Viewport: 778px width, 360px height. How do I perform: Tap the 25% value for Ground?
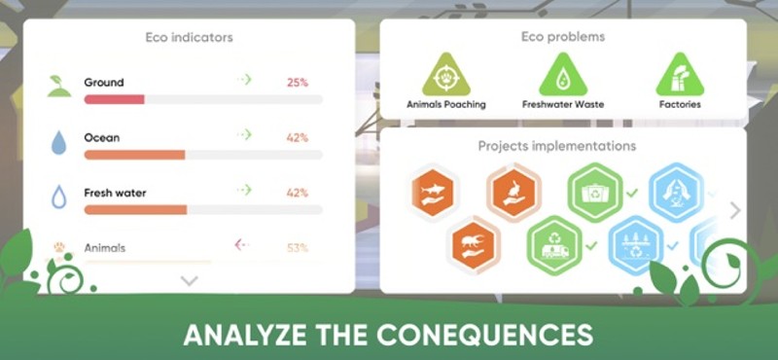click(297, 83)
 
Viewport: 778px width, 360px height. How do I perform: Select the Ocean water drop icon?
click(59, 143)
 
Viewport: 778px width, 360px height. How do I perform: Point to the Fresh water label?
click(115, 193)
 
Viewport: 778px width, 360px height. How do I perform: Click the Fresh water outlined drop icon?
click(59, 197)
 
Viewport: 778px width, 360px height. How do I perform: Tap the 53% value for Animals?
click(297, 248)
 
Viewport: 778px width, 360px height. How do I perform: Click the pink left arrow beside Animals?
click(242, 245)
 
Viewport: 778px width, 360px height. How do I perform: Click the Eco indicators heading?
click(189, 39)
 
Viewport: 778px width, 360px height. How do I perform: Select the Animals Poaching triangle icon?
click(445, 75)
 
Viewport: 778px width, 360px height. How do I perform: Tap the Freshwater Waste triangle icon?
click(563, 75)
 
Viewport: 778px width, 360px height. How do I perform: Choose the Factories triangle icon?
click(680, 75)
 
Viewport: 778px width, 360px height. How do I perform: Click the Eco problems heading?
click(563, 37)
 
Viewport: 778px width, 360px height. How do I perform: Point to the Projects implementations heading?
click(557, 146)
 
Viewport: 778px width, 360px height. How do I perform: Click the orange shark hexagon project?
click(433, 192)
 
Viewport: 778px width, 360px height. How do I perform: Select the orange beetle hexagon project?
click(476, 243)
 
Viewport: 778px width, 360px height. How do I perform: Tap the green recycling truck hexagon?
click(554, 244)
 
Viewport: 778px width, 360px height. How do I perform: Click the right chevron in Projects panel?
click(734, 210)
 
